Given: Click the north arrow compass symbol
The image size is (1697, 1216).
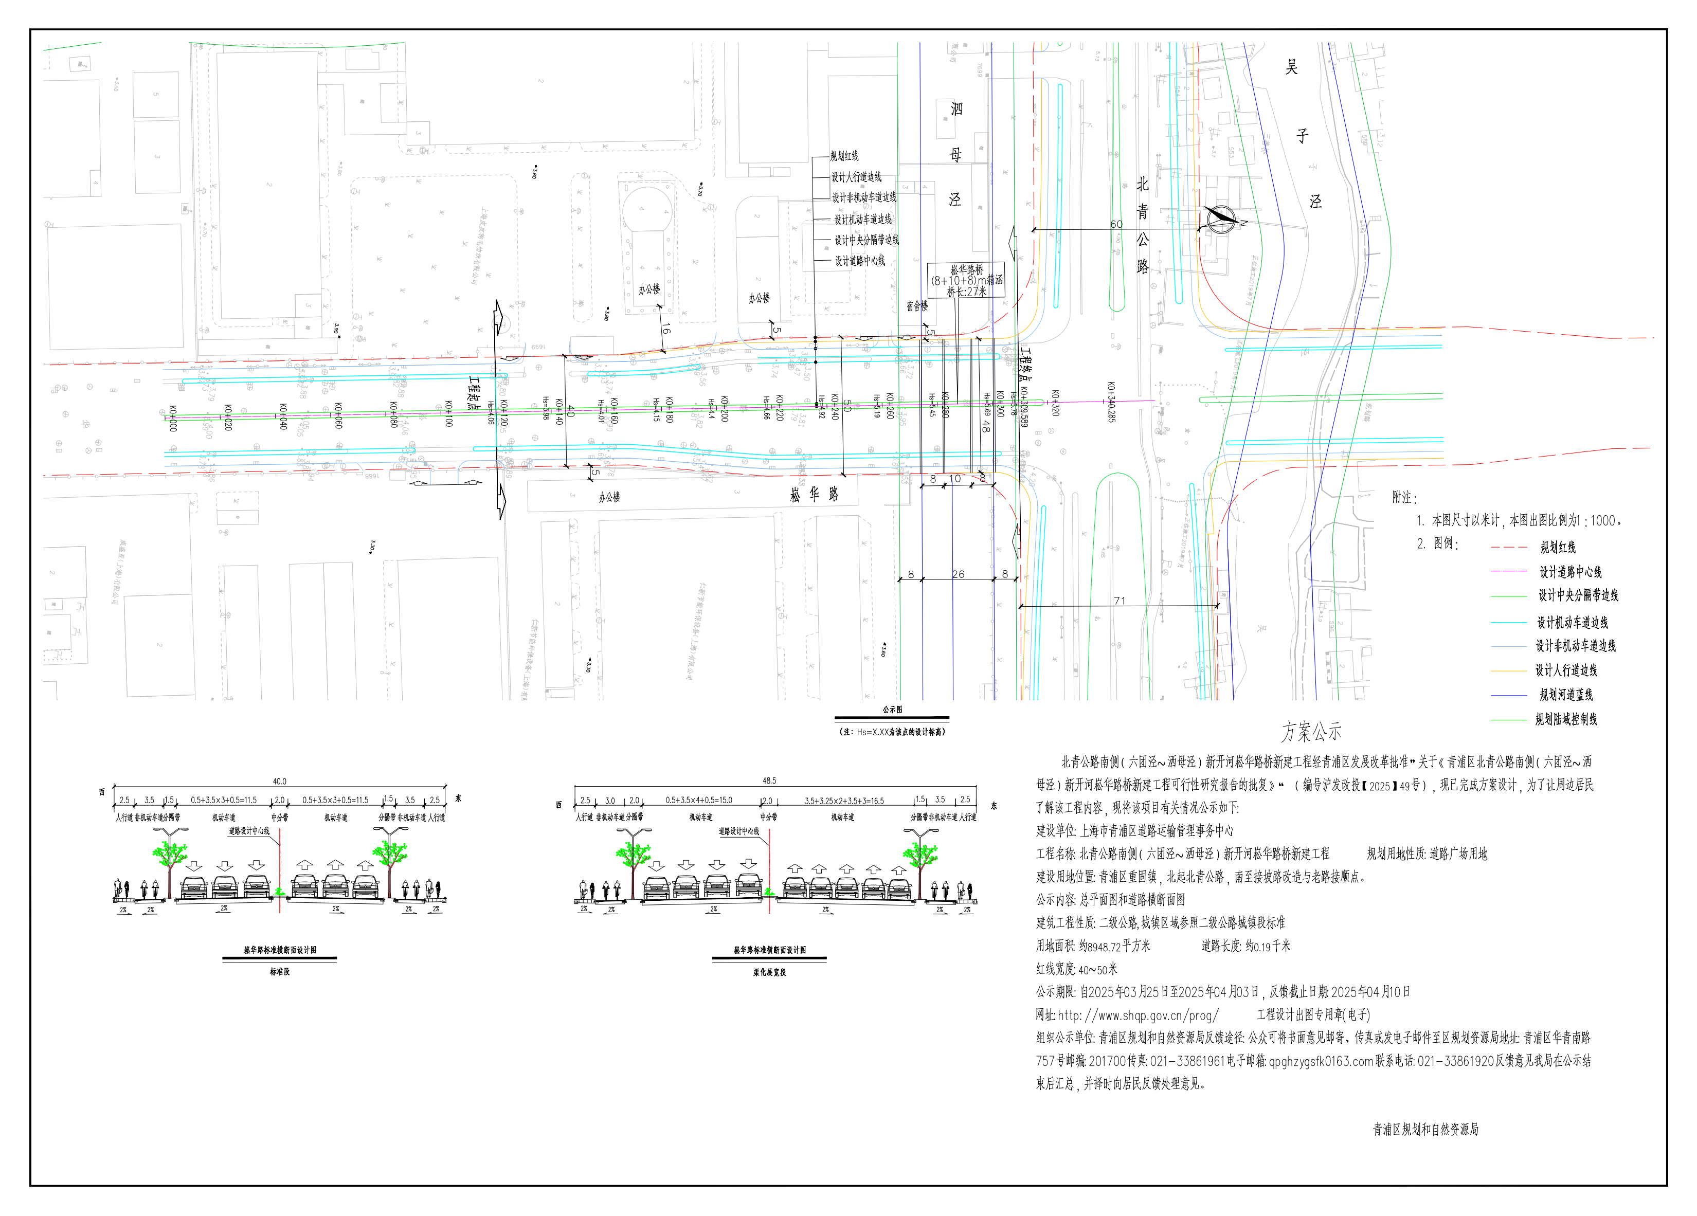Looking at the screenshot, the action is pyautogui.click(x=1220, y=219).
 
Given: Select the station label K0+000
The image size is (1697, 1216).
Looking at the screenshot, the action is pyautogui.click(x=173, y=419).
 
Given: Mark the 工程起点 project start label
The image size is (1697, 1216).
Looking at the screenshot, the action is pyautogui.click(x=474, y=392).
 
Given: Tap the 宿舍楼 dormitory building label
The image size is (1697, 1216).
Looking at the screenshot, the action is pyautogui.click(x=916, y=306).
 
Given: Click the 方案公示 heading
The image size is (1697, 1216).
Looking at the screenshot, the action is pyautogui.click(x=1311, y=731).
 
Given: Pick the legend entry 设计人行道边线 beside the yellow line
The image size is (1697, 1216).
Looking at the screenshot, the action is pyautogui.click(x=1566, y=670).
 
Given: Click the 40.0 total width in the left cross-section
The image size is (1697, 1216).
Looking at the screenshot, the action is pyautogui.click(x=279, y=781).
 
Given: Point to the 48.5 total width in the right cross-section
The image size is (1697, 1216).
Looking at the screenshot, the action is pyautogui.click(x=769, y=781).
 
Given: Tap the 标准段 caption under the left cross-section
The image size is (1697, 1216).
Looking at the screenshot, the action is pyautogui.click(x=279, y=971).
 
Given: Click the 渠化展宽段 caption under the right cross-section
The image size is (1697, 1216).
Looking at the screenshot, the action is pyautogui.click(x=769, y=972).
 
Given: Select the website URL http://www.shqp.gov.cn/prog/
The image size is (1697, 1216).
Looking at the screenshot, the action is pyautogui.click(x=1138, y=1015).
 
